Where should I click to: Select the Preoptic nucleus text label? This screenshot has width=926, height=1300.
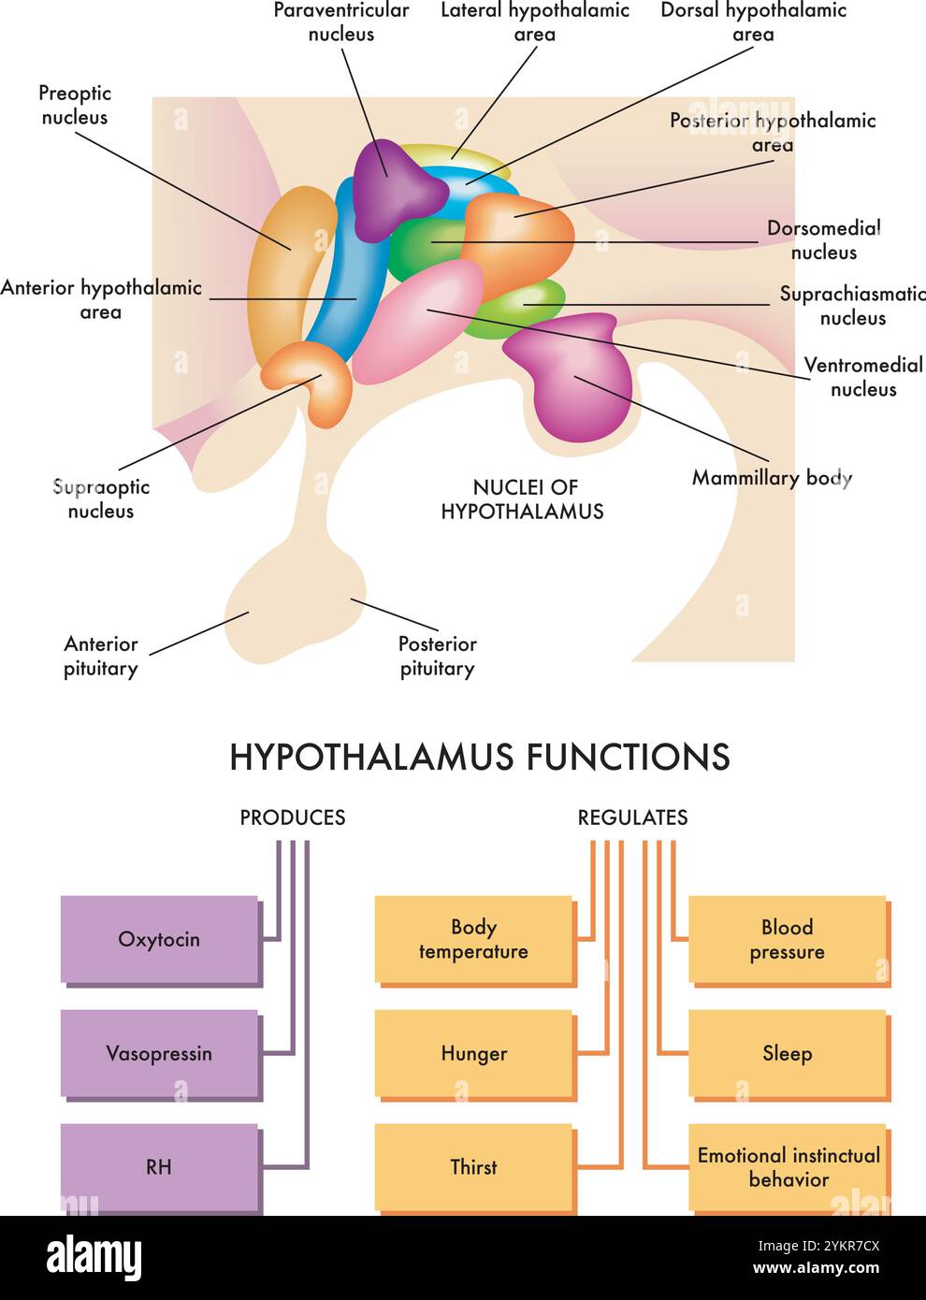(75, 105)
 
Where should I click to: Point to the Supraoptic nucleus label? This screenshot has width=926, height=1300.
(101, 498)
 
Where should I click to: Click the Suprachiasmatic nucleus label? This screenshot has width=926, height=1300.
(851, 306)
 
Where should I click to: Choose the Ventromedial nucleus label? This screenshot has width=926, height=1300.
(862, 377)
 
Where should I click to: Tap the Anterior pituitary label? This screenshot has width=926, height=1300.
(100, 656)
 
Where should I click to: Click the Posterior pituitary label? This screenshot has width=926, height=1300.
(437, 656)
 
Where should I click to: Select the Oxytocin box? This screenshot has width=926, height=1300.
(159, 939)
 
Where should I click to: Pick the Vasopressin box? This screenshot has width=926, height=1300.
(159, 1053)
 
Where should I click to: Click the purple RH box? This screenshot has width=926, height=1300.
(159, 1166)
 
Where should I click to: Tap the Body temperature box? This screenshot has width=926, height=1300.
(473, 939)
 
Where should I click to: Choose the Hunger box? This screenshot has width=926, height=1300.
(473, 1053)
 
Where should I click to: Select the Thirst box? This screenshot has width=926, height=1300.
(473, 1166)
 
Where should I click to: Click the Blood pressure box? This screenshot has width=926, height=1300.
(787, 939)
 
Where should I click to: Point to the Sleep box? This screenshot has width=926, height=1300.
(787, 1053)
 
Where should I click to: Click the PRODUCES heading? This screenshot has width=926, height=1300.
(292, 817)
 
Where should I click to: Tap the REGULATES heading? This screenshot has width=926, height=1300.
(632, 817)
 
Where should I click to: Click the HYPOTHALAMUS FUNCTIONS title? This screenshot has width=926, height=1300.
(479, 757)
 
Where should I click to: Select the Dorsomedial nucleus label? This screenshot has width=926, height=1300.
(823, 240)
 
